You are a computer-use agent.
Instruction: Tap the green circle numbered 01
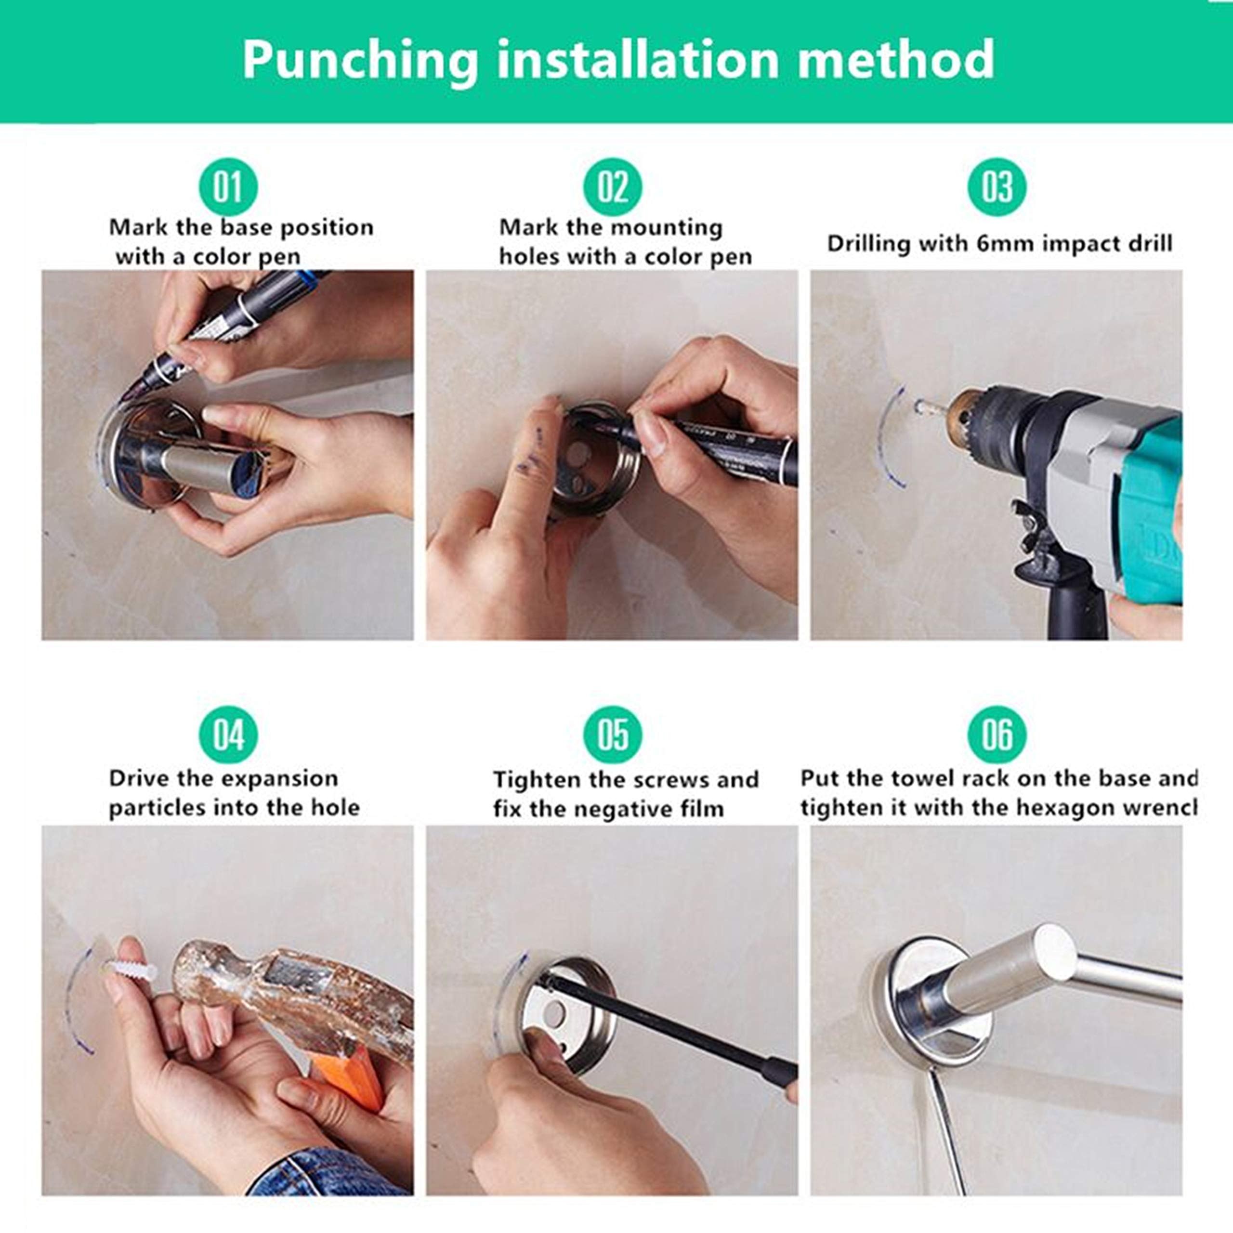click(x=228, y=187)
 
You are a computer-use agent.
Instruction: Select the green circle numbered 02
click(x=613, y=187)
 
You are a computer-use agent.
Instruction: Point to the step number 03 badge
click(x=997, y=187)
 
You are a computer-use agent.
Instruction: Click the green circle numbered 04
click(x=228, y=735)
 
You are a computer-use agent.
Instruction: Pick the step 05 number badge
click(x=613, y=735)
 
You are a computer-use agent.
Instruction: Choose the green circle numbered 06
click(x=997, y=735)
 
